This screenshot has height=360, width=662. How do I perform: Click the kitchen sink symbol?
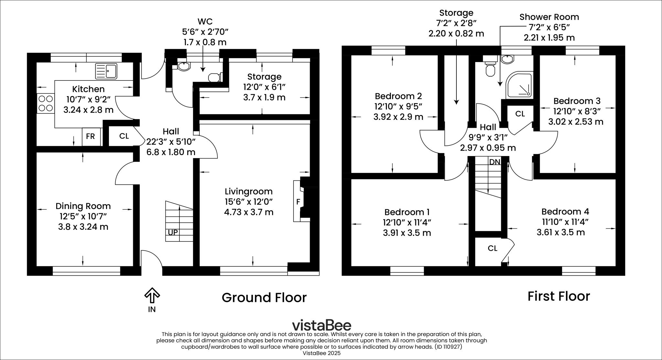click(106, 71)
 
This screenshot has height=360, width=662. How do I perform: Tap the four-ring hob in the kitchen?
click(45, 103)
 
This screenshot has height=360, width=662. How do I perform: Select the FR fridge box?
click(91, 136)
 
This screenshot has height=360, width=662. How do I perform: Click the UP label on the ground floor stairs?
click(173, 232)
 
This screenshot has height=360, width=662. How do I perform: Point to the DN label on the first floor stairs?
click(495, 162)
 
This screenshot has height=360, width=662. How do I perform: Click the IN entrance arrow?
click(152, 296)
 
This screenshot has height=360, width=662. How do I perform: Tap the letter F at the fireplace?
click(298, 202)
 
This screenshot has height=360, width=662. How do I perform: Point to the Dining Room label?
click(83, 206)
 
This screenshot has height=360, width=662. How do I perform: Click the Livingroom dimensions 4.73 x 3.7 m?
click(249, 212)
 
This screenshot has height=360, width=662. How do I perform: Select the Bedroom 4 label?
click(565, 212)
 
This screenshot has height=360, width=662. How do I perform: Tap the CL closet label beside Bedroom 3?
click(520, 114)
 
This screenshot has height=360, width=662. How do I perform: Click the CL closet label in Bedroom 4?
click(492, 248)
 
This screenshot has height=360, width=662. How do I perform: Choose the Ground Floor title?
click(264, 298)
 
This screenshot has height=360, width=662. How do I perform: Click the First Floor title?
click(559, 296)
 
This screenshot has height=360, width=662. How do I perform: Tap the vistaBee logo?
click(321, 325)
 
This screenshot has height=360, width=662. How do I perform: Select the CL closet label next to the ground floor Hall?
click(124, 136)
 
